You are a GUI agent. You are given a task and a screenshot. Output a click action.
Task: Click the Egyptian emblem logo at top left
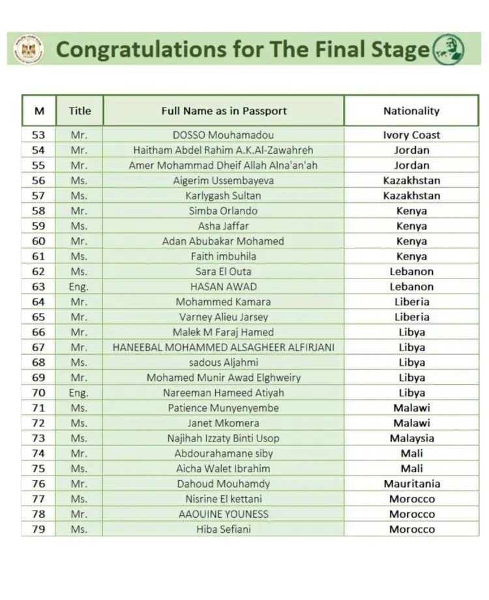(29, 49)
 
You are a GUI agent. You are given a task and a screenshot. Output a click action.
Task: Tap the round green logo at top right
(449, 49)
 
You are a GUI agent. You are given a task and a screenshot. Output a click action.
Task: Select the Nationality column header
(411, 111)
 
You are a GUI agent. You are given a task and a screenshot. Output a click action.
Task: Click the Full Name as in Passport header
(224, 111)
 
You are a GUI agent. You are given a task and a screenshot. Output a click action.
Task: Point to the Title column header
(80, 111)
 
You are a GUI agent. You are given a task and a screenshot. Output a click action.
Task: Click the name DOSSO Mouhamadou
(224, 135)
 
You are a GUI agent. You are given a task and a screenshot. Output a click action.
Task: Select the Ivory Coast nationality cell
(411, 135)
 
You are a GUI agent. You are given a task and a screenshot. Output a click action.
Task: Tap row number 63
(38, 286)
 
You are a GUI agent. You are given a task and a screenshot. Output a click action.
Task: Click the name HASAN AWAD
(224, 286)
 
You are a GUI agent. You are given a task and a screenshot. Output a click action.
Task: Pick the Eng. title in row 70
(78, 393)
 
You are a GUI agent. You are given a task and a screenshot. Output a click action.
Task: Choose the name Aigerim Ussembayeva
(224, 181)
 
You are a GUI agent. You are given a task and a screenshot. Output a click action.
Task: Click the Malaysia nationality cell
(411, 438)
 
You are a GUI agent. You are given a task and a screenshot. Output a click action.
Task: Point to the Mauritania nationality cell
(411, 484)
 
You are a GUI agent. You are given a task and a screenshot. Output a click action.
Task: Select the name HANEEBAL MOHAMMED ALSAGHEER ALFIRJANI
(224, 347)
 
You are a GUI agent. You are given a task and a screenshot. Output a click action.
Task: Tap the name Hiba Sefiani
(224, 529)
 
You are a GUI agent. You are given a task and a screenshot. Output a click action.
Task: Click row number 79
(38, 529)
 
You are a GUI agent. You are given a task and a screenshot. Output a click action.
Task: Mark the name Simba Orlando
(224, 211)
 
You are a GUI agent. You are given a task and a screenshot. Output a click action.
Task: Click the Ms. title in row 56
(78, 181)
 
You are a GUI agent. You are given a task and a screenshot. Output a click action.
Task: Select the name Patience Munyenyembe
(224, 408)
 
